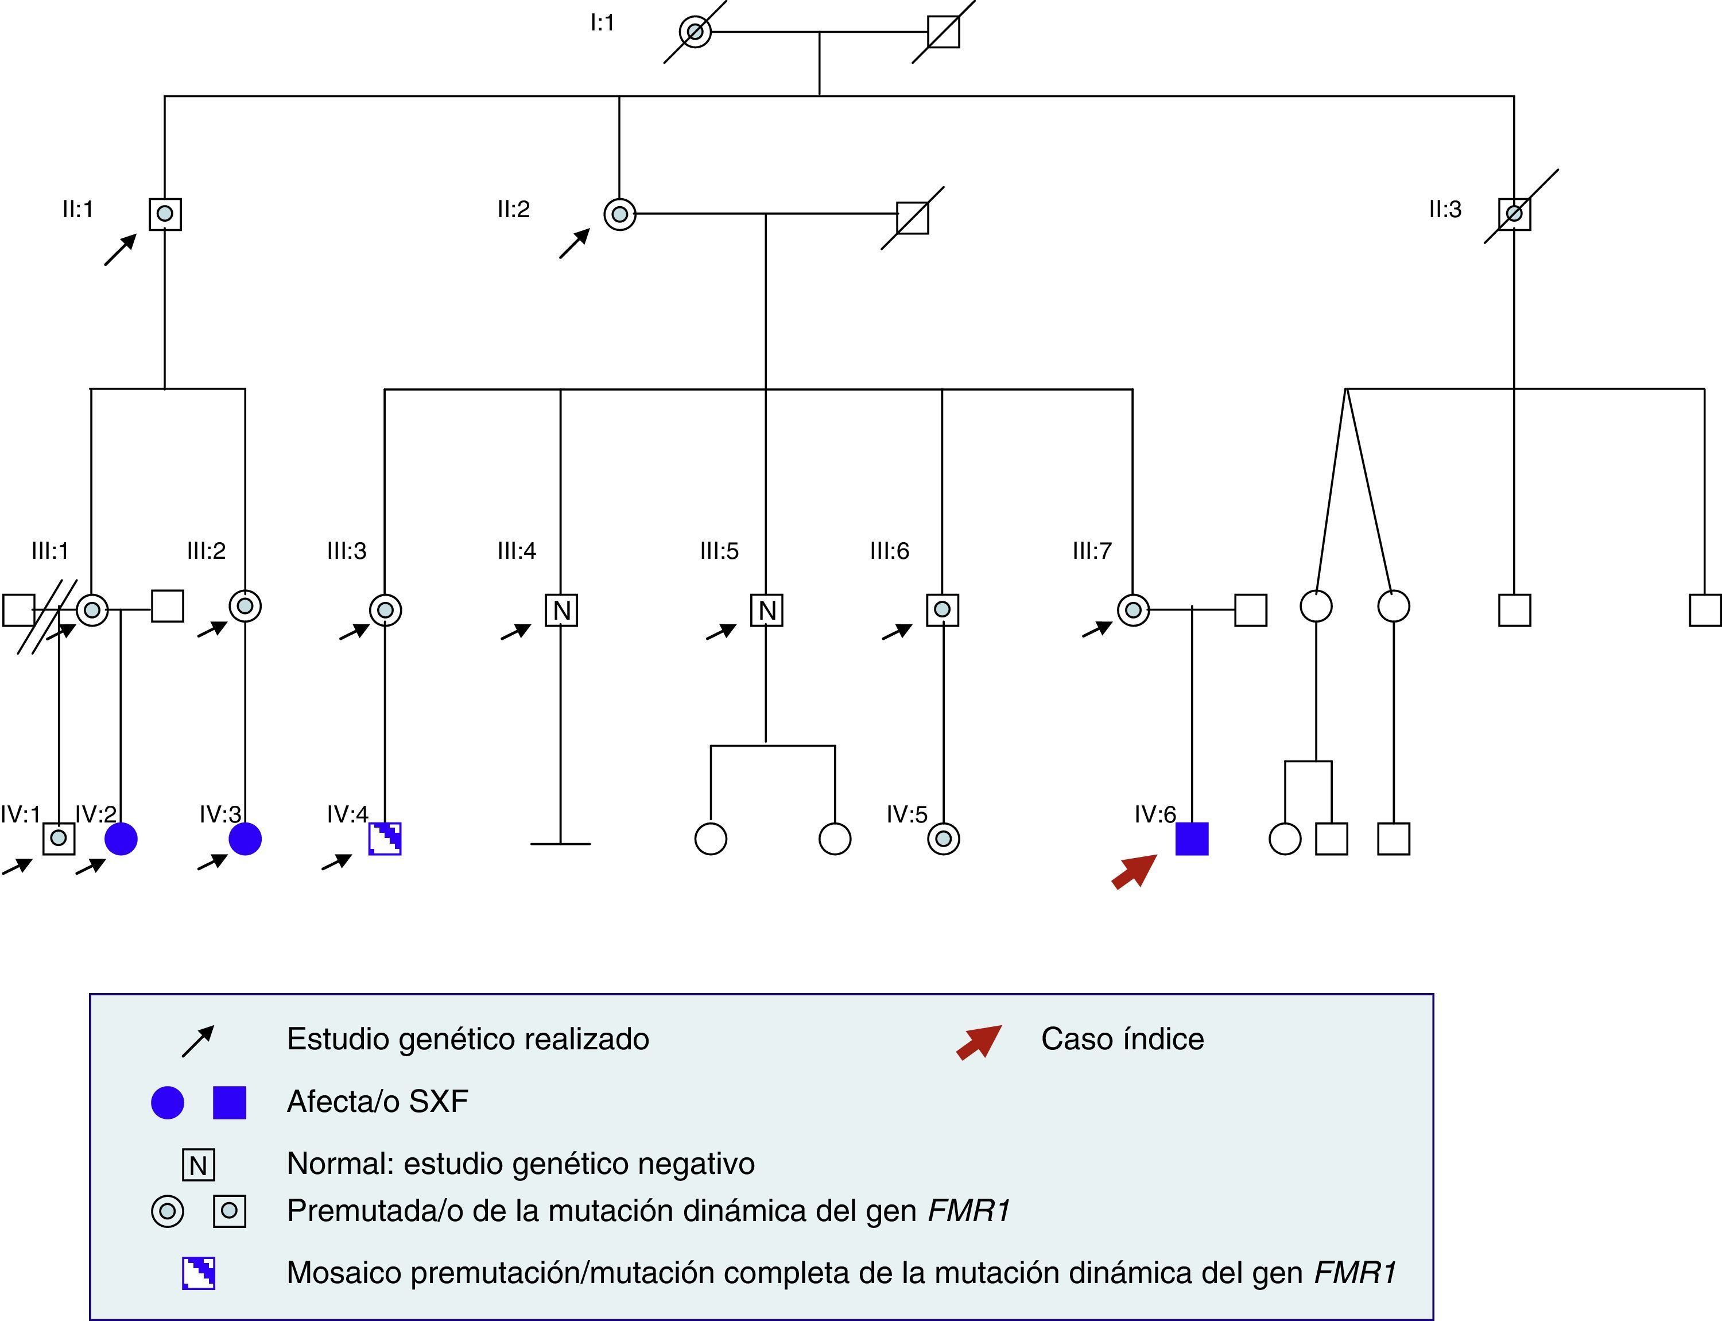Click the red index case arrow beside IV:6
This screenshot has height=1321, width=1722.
click(1134, 872)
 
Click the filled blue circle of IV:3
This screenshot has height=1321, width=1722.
click(245, 839)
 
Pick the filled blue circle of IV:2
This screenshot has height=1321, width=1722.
click(121, 839)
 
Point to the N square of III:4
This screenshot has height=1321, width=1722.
click(561, 610)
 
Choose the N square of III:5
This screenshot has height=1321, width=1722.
click(767, 610)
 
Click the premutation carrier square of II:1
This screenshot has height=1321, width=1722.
click(165, 213)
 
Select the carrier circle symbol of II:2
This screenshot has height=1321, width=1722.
click(619, 214)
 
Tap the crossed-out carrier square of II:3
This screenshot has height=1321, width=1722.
click(1515, 213)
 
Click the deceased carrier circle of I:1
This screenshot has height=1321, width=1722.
click(695, 32)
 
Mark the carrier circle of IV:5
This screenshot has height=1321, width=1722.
click(943, 839)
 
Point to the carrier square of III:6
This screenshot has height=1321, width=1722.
click(943, 610)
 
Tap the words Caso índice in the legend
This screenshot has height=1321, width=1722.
click(1122, 1040)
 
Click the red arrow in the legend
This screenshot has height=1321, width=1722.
click(979, 1042)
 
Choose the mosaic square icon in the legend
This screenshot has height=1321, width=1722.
click(199, 1273)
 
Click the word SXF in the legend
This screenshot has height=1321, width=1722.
click(438, 1102)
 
